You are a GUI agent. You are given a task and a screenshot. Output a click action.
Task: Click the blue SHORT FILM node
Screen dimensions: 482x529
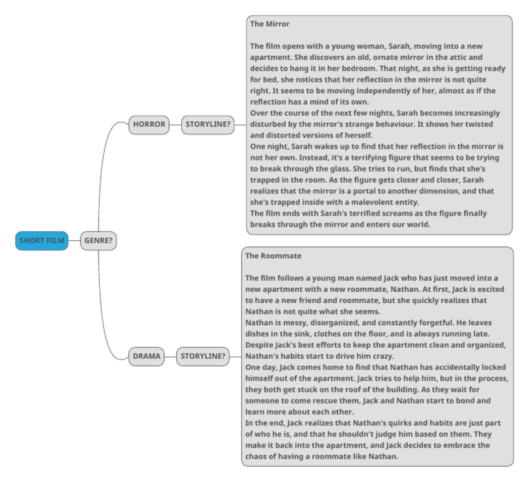[x=42, y=241]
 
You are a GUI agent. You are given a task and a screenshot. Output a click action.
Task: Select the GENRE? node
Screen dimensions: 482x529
[x=98, y=241]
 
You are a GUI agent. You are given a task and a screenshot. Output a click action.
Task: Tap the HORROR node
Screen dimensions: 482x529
[x=149, y=125]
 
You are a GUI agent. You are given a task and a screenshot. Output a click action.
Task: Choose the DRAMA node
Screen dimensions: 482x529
[x=147, y=356]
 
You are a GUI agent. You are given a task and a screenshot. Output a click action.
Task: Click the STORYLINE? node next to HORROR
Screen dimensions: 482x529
[x=207, y=125]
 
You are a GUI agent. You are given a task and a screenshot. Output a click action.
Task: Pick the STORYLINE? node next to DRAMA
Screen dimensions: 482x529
[x=203, y=356]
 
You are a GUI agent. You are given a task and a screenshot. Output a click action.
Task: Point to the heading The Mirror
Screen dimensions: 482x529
[x=270, y=24]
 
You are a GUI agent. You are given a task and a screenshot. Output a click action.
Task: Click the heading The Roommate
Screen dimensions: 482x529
[x=273, y=255]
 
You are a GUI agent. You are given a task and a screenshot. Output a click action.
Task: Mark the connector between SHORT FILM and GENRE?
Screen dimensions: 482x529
[x=74, y=241]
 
